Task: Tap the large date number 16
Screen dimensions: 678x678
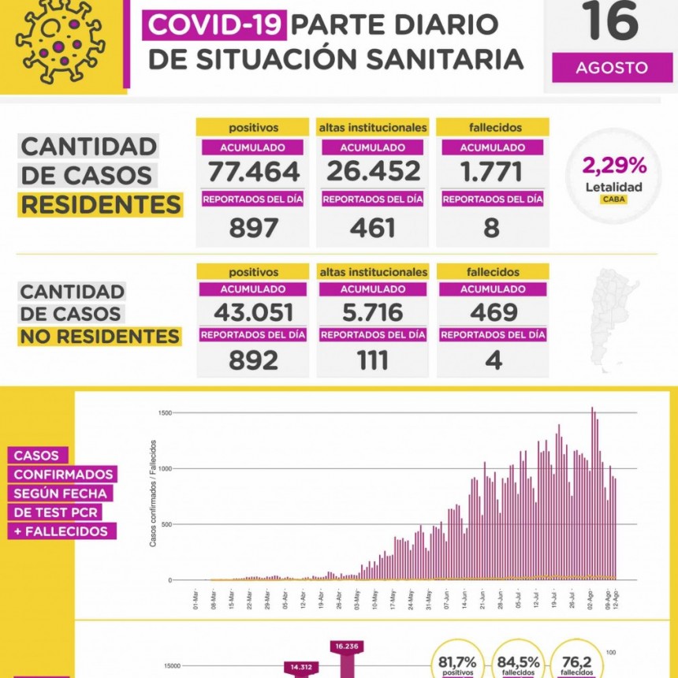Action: point(610,22)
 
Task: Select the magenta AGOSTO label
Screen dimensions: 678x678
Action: point(611,68)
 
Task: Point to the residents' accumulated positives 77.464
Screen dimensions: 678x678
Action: point(252,172)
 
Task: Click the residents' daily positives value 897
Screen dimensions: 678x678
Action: point(253,228)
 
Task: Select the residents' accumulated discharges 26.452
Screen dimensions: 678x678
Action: point(372,172)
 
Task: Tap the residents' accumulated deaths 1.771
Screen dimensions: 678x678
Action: point(492,172)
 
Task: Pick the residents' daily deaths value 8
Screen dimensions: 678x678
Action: point(492,228)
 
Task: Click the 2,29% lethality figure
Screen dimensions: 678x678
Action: point(614,166)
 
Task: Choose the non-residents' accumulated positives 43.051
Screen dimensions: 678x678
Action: point(252,311)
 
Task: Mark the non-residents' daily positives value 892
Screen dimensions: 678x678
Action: point(253,360)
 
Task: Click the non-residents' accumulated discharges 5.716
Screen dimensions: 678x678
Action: point(372,311)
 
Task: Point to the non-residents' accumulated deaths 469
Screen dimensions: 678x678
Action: point(492,311)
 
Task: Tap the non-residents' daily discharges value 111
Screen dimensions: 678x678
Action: point(372,360)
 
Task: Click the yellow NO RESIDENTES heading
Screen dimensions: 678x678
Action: point(99,337)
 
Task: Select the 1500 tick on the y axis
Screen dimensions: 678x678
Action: point(165,413)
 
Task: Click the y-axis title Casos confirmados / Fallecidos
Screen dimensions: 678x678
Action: point(152,494)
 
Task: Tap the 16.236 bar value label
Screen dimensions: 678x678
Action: point(347,646)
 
